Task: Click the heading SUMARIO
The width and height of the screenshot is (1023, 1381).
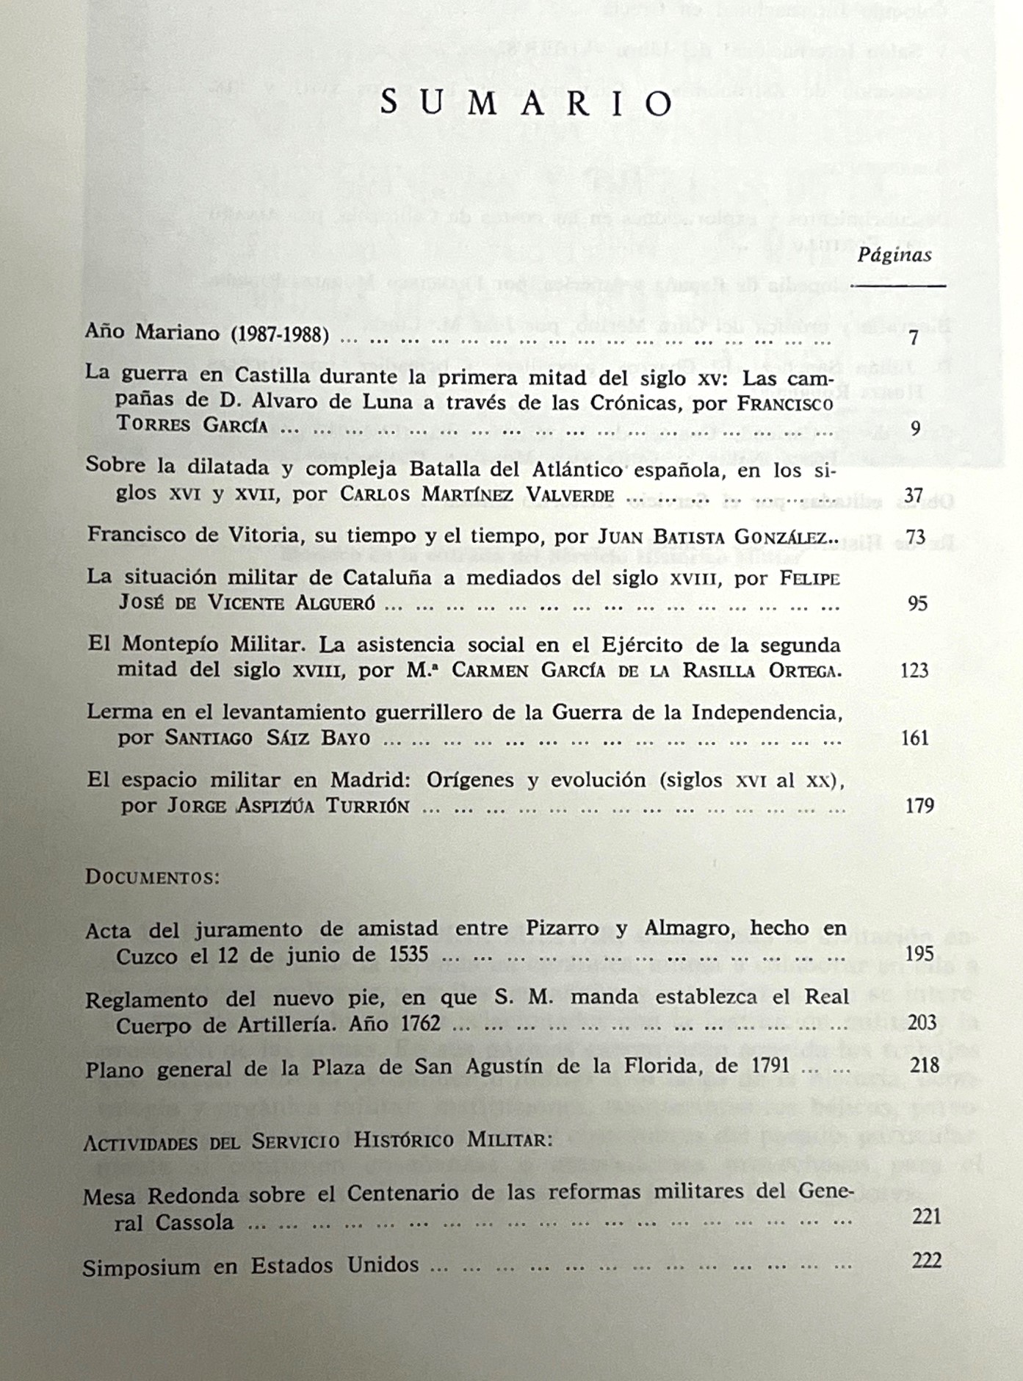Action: pyautogui.click(x=527, y=104)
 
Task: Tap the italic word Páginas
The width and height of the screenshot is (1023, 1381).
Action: pyautogui.click(x=894, y=255)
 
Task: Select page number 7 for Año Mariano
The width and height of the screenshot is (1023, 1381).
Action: pyautogui.click(x=914, y=338)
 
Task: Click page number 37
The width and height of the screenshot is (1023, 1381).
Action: pyautogui.click(x=914, y=495)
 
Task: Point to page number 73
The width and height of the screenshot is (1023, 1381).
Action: pyautogui.click(x=915, y=536)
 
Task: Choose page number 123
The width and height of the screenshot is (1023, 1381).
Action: pyautogui.click(x=914, y=670)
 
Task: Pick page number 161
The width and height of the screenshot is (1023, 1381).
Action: pyautogui.click(x=915, y=738)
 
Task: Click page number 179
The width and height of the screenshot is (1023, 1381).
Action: pyautogui.click(x=919, y=805)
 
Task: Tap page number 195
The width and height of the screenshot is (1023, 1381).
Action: pyautogui.click(x=919, y=953)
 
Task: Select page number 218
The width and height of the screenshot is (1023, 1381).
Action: pyautogui.click(x=924, y=1064)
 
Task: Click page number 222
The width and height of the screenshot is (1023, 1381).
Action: pyautogui.click(x=926, y=1261)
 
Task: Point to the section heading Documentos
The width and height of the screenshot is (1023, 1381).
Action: pyautogui.click(x=153, y=877)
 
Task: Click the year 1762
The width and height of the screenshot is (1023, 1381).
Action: pyautogui.click(x=413, y=1023)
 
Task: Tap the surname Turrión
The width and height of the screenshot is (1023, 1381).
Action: pyautogui.click(x=367, y=807)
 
